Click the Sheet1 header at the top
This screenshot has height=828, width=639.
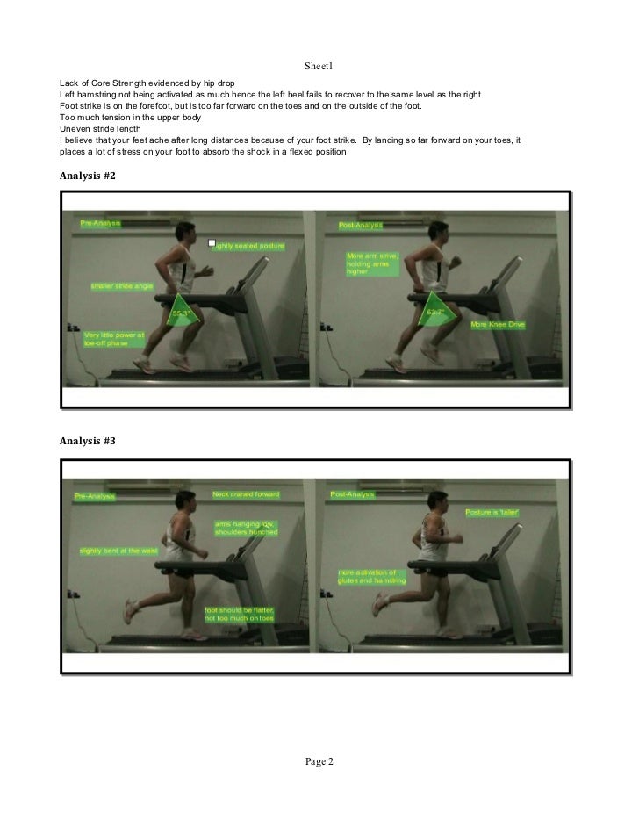[319, 67]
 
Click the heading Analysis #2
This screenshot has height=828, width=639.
[87, 176]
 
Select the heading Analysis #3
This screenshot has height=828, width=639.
[87, 441]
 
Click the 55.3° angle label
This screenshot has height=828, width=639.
[182, 313]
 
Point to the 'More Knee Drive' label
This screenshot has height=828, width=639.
[498, 324]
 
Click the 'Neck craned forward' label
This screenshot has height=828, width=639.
[246, 494]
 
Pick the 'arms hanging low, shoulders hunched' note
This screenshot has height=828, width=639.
[246, 529]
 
